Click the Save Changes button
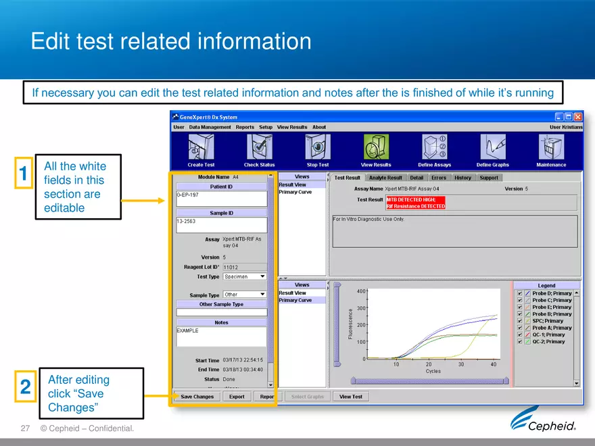click(197, 397)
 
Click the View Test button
click(350, 397)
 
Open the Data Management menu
click(210, 127)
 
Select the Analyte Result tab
click(385, 178)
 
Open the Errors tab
click(439, 178)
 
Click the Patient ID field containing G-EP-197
click(221, 198)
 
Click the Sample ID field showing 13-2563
click(221, 224)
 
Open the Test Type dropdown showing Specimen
click(244, 276)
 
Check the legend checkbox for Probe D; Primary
click(519, 293)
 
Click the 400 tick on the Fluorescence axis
click(362, 291)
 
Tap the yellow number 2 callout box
click(25, 387)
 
